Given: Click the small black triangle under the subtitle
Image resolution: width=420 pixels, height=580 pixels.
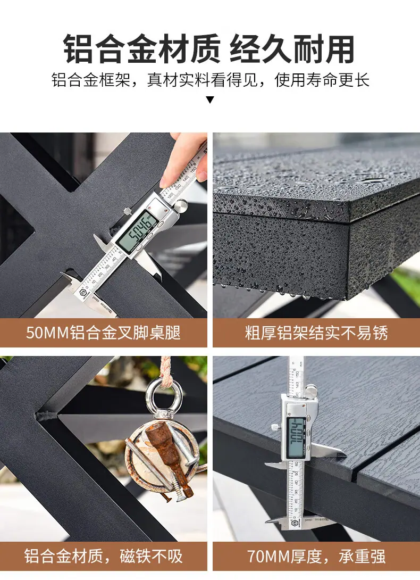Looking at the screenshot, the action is coord(210,100).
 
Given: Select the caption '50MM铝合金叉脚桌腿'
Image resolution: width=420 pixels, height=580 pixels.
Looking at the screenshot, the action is coord(103,333).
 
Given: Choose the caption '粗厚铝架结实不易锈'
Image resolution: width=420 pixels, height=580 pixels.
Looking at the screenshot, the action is coord(316,333).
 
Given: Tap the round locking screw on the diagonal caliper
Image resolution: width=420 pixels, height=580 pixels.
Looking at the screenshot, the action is coord(180,206).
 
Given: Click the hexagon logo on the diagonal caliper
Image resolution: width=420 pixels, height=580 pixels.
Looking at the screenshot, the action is coord(83,292).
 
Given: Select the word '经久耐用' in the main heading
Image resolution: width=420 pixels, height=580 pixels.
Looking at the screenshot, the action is coord(292,49).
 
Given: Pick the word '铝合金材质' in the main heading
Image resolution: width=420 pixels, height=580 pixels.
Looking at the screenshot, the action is coord(142,49).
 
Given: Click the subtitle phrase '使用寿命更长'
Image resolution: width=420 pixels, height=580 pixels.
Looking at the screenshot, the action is coord(322,80).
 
